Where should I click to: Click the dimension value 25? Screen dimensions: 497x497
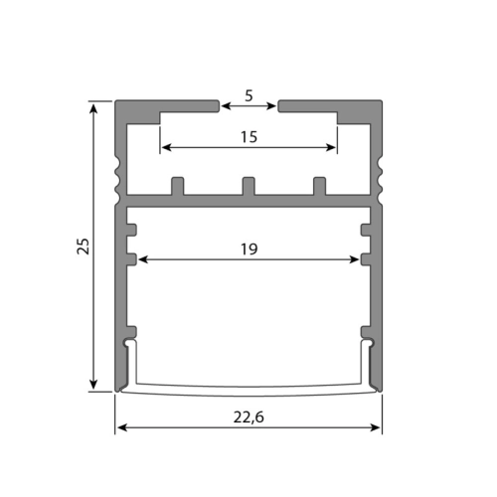tap(83, 247)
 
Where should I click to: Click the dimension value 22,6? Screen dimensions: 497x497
tap(248, 417)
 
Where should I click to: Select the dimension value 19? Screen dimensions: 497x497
tap(248, 249)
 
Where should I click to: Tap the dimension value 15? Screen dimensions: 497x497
tap(248, 137)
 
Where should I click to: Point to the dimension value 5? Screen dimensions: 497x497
tap(248, 95)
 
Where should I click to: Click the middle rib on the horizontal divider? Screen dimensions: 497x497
tap(248, 186)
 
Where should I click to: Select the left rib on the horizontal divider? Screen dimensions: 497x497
tap(178, 186)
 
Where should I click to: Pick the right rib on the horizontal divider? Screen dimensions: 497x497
tap(319, 186)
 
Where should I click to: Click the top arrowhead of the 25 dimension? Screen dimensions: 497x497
tap(95, 107)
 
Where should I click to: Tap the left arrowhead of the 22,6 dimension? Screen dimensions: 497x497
tap(121, 427)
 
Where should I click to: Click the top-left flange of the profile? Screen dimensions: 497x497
tap(166, 105)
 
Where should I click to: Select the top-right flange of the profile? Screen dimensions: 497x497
tap(330, 105)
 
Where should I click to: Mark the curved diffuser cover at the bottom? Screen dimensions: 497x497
tap(248, 386)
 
